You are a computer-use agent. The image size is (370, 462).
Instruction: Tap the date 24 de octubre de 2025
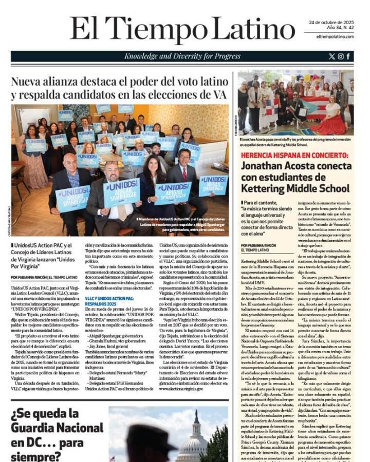[x=331, y=23]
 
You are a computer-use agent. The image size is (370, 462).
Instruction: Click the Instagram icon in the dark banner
[x=340, y=56]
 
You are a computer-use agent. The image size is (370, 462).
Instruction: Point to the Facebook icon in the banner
[x=348, y=56]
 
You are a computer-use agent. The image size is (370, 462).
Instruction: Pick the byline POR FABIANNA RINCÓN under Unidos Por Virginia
[x=44, y=277]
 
